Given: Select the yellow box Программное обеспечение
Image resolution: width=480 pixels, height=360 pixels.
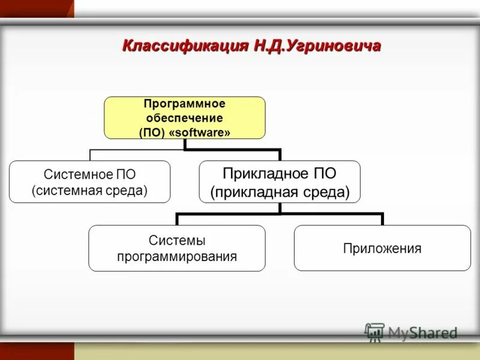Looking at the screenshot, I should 185,118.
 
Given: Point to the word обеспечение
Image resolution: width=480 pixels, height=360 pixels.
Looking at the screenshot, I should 185,118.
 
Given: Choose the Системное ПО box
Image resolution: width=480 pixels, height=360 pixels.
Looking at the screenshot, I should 89,182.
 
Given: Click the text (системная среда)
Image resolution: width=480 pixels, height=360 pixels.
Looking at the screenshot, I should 89,191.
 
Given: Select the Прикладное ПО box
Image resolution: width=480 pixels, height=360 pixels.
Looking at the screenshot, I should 280,182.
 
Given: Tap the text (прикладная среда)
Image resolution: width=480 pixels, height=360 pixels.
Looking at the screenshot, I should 280,192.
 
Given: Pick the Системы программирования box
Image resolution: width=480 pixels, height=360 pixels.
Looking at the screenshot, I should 177,248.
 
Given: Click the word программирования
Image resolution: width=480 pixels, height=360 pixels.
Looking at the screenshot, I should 177,257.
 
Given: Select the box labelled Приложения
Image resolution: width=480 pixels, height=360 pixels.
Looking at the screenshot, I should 382,248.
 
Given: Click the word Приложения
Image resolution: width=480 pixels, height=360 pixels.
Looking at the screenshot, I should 382,248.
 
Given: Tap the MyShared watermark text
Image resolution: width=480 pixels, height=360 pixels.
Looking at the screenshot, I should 422,332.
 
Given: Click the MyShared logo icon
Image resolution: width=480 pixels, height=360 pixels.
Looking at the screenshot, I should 374,332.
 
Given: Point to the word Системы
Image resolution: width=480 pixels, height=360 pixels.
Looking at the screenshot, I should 177,241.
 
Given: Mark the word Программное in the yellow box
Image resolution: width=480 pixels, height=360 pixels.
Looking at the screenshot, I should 185,104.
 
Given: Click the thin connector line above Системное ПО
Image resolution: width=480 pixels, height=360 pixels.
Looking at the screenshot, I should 90,155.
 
